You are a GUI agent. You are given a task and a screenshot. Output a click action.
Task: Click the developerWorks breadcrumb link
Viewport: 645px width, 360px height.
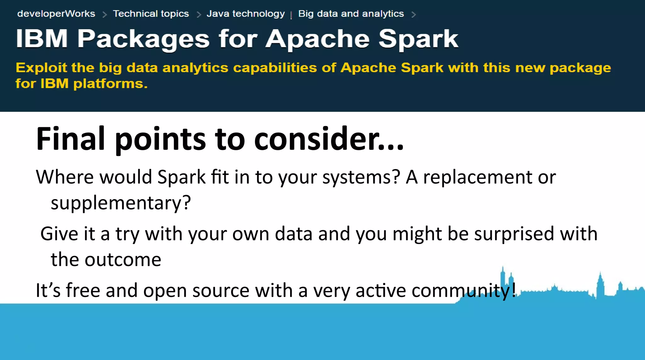[x=56, y=14]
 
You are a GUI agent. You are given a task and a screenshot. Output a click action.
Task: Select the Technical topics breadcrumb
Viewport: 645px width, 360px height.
[x=151, y=14]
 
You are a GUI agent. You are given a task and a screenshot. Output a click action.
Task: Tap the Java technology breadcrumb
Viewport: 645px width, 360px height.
[x=246, y=14]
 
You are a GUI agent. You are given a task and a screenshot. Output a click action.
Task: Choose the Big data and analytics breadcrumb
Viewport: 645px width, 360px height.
[x=351, y=14]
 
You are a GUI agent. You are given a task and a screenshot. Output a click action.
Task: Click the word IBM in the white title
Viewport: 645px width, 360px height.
[x=42, y=39]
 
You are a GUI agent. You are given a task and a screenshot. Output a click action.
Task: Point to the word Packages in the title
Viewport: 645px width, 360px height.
[x=143, y=39]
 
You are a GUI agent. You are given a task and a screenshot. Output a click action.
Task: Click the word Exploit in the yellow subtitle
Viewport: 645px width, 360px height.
[x=41, y=68]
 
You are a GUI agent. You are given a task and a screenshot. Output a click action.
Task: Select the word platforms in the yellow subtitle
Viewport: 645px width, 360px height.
[x=110, y=84]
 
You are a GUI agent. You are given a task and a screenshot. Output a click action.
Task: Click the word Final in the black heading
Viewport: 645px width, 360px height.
[x=70, y=139]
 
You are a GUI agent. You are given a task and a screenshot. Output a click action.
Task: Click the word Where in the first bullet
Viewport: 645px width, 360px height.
[x=65, y=177]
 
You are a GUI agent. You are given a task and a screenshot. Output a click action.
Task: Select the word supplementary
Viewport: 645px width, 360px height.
[x=121, y=203]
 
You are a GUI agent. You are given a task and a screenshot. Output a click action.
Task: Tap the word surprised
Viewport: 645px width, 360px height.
[x=514, y=234]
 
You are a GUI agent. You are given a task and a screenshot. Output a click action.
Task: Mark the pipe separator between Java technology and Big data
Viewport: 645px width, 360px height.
[x=291, y=14]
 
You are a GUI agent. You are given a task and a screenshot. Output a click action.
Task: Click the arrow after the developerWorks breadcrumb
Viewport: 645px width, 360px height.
[x=105, y=14]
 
